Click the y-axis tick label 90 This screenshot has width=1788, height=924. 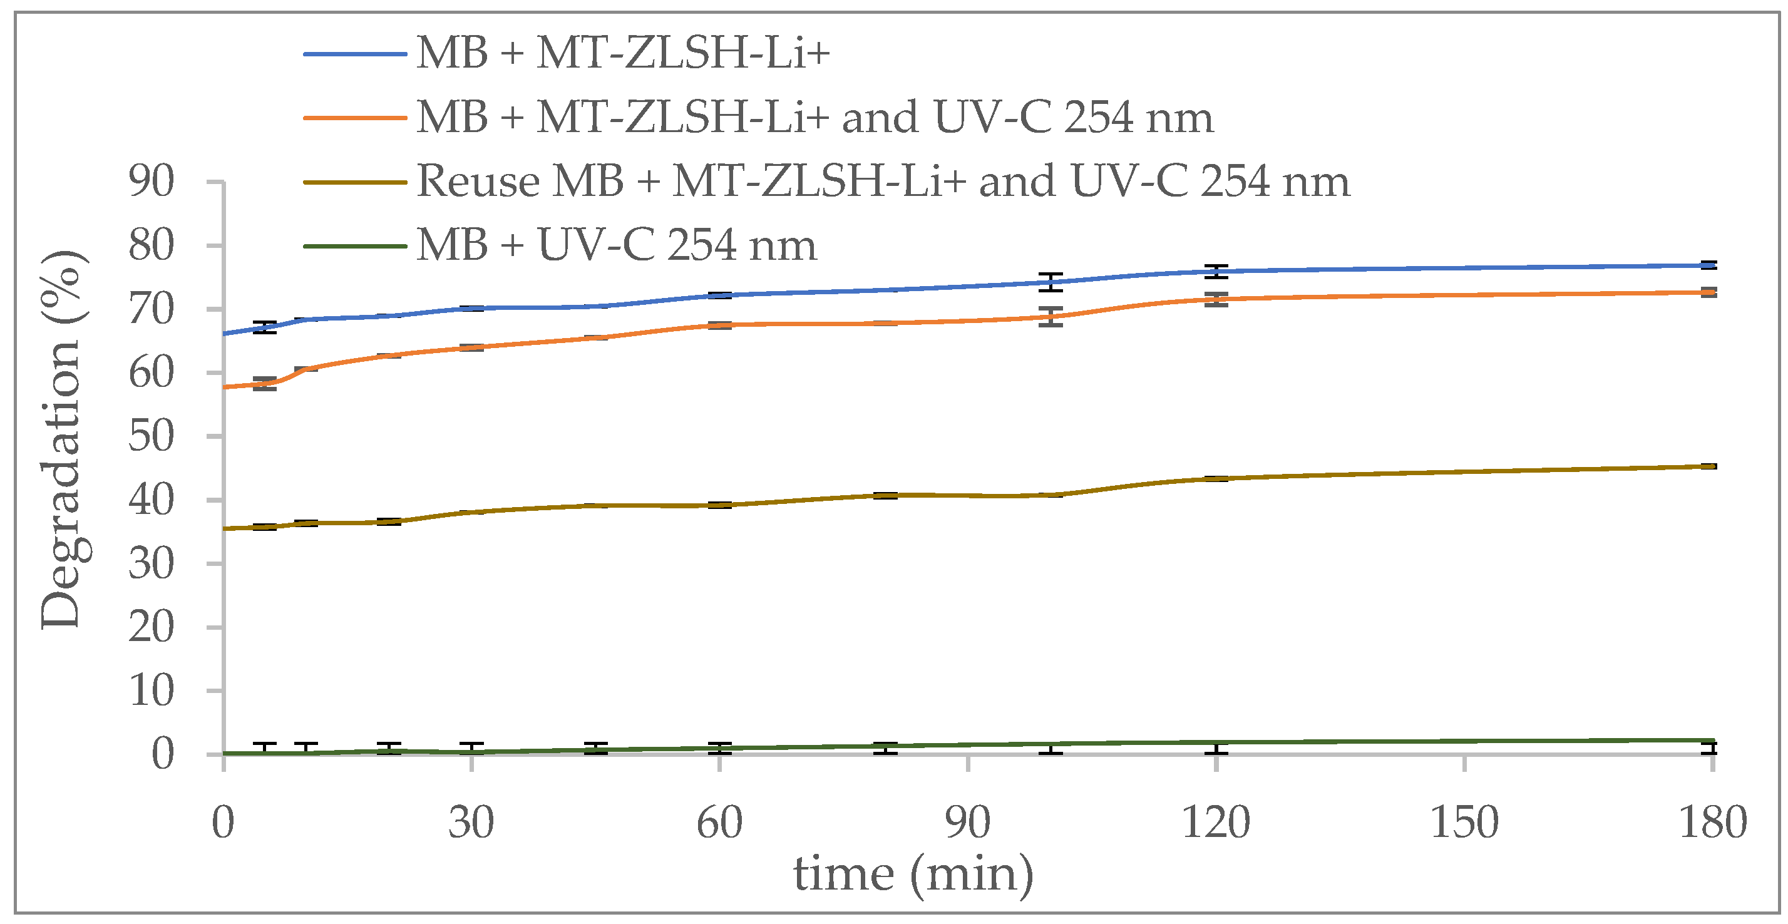coord(151,182)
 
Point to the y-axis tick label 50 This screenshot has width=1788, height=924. coord(151,437)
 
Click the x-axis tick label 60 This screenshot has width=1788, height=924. coord(719,823)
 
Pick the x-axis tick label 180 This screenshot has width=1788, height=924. coord(1712,823)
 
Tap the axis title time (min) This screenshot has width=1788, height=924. coord(913,874)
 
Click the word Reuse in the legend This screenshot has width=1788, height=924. coord(478,182)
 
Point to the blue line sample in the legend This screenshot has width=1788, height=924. coord(355,53)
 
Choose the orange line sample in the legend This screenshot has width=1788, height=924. coord(355,117)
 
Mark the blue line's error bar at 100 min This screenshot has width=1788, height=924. coord(1051,282)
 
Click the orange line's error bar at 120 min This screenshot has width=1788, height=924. coord(1216,299)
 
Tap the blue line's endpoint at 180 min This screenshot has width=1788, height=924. coord(1712,265)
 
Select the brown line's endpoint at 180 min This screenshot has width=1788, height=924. coord(1712,466)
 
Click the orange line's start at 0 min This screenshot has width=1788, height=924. coord(225,387)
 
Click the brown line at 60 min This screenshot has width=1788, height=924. coord(720,505)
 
